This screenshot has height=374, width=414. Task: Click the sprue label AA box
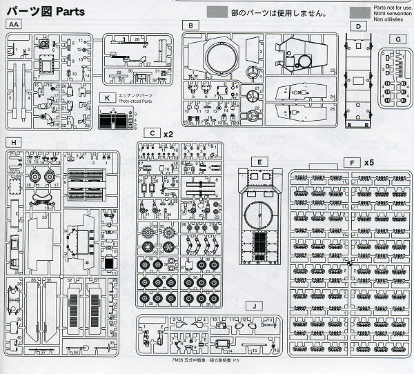pyautogui.click(x=14, y=25)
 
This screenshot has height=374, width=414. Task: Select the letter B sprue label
pyautogui.click(x=188, y=25)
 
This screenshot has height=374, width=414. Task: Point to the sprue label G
pyautogui.click(x=398, y=39)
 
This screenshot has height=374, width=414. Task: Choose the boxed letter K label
pyautogui.click(x=108, y=98)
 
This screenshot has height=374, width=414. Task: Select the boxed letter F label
pyautogui.click(x=354, y=162)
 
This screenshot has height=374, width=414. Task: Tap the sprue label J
pyautogui.click(x=255, y=306)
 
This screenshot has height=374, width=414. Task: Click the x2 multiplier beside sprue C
pyautogui.click(x=168, y=132)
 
